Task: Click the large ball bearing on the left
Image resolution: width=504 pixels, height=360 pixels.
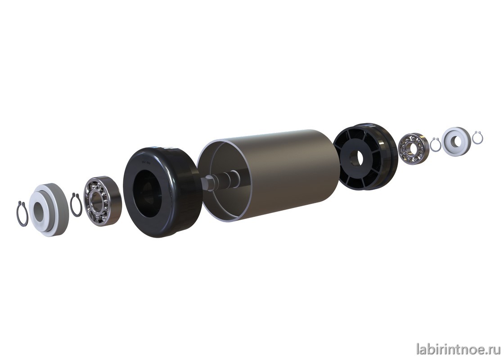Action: [x=102, y=201]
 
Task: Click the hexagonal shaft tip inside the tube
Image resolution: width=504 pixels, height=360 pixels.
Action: [x=207, y=183]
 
